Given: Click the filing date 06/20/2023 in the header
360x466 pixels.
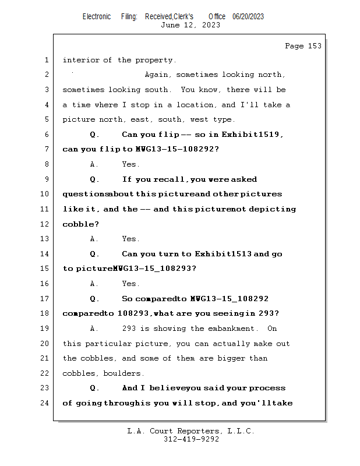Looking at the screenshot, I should point(248,17).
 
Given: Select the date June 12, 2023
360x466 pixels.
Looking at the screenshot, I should point(190,25).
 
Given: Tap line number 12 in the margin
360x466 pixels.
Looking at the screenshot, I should point(45,224).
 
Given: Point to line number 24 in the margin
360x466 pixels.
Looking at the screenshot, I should point(45,403).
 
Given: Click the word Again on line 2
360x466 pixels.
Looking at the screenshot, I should point(157,75).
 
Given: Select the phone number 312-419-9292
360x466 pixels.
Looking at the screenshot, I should point(191,439).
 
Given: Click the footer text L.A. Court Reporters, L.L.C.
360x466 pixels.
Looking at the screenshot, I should point(190,431).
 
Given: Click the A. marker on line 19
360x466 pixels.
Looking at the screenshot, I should point(94,329).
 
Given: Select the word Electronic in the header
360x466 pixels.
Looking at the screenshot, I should point(97,17).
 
